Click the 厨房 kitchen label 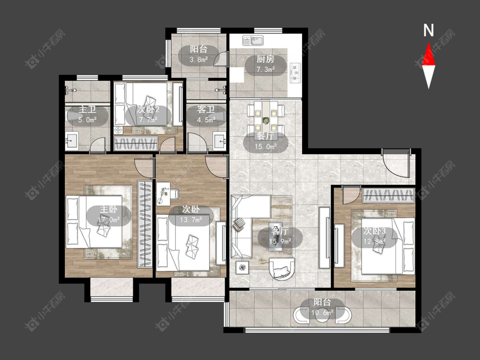tap(265, 59)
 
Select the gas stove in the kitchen tap(295, 73)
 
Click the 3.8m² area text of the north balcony tap(199, 60)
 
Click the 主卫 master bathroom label tap(87, 109)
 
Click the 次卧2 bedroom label tap(148, 109)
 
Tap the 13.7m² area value tap(191, 220)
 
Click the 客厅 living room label tap(279, 231)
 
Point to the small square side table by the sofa tap(242, 267)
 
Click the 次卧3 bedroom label tap(374, 231)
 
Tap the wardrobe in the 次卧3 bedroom tap(389, 196)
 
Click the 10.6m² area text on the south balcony tap(323, 313)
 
